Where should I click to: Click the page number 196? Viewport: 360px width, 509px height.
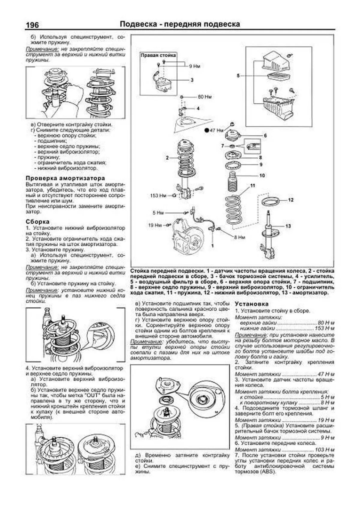(32, 25)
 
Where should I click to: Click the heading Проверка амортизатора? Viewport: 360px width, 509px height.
(65, 178)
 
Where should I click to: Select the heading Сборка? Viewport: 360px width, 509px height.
(37, 222)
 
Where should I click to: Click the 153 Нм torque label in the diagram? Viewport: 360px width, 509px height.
(158, 196)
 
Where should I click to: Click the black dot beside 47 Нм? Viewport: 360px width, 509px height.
(206, 130)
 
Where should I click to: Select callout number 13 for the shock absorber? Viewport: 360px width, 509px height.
(288, 226)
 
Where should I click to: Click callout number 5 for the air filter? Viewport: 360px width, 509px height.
(238, 76)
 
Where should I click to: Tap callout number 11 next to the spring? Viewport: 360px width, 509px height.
(253, 186)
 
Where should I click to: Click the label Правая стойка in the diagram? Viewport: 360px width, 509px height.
(158, 55)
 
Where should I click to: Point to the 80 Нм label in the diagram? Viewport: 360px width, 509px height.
(205, 97)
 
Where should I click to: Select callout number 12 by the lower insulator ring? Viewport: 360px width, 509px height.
(290, 200)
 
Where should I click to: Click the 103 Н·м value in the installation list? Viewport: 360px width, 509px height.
(325, 450)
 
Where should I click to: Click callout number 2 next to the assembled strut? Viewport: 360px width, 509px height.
(167, 158)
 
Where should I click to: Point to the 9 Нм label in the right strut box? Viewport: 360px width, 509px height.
(194, 66)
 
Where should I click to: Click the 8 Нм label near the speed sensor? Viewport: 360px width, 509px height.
(239, 237)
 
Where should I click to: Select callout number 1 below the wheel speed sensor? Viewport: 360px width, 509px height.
(212, 246)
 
